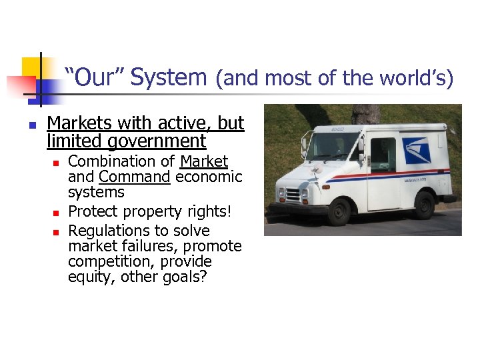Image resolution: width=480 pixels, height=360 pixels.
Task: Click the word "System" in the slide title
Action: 169,78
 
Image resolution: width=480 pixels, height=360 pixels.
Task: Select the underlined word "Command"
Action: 135,177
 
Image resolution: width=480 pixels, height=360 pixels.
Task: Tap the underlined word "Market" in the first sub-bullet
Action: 204,162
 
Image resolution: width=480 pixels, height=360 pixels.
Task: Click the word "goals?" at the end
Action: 185,277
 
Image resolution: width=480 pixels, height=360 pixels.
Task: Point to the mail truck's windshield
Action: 329,145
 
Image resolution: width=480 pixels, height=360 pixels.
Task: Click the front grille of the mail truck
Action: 293,195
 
